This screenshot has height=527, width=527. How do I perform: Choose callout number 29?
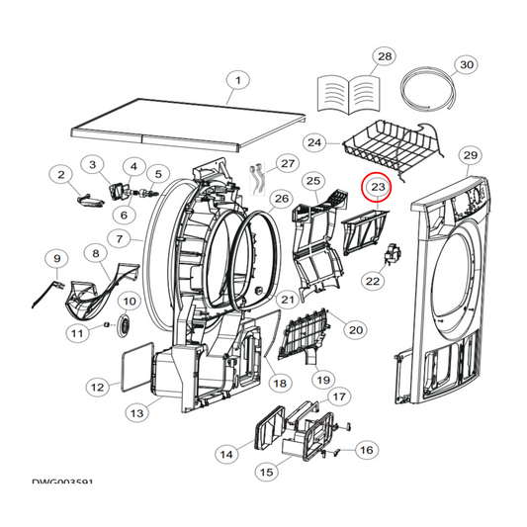point(471,155)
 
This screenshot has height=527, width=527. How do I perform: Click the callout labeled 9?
point(55,259)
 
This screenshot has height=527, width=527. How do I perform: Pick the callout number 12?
point(97,388)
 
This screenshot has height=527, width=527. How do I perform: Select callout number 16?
point(366,450)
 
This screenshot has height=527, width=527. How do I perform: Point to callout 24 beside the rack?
point(314,143)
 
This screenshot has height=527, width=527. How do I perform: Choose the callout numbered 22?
point(373,282)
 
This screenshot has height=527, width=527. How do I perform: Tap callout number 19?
point(322,379)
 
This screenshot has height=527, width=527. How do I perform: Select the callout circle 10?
point(130,301)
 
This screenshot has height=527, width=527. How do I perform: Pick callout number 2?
point(61,175)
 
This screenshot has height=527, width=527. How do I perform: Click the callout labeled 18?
point(279,383)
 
